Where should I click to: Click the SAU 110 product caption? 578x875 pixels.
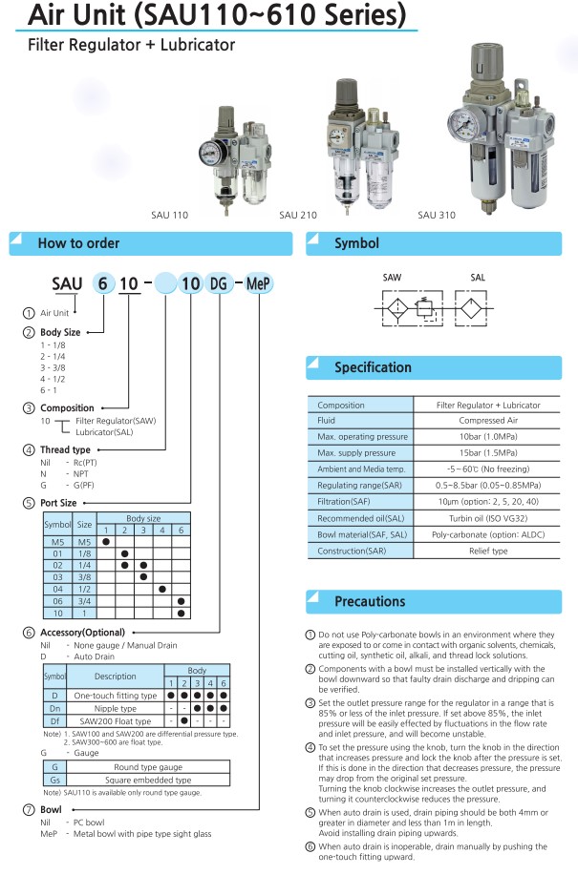(x=170, y=215)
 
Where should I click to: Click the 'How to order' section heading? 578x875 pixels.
(x=78, y=243)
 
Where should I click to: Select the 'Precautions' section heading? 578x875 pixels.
(x=370, y=601)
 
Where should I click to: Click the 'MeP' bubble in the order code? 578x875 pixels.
(x=259, y=284)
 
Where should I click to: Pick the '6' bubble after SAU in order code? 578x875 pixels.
(x=101, y=284)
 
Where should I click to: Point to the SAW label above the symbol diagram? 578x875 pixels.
(x=392, y=277)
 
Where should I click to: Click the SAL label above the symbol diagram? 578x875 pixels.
(x=478, y=277)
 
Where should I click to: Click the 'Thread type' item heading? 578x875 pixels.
(x=65, y=449)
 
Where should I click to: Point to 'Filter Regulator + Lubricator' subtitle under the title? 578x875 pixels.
(x=131, y=45)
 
